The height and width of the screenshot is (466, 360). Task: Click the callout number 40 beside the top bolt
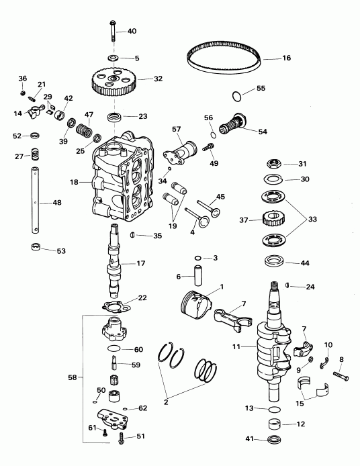[132, 32]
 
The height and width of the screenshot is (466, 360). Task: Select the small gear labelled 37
[274, 219]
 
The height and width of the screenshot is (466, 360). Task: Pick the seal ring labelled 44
[274, 261]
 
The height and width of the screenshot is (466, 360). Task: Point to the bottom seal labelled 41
[273, 440]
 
